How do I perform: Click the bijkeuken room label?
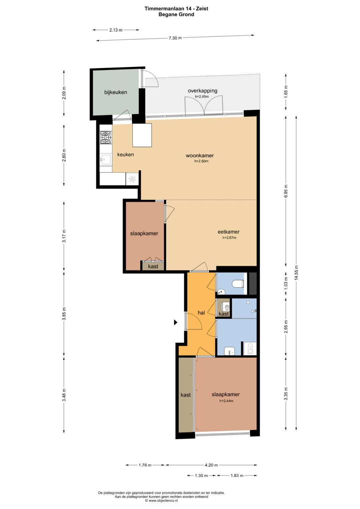(x=116, y=92)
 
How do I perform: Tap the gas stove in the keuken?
(x=106, y=138)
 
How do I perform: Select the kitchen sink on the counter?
(x=105, y=159)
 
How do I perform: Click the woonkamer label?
(x=200, y=156)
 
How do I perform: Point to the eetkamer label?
(x=229, y=232)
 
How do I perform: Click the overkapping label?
(x=203, y=91)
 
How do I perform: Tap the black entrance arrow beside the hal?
(x=175, y=322)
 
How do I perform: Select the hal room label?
(x=201, y=313)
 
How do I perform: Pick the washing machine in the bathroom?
(x=250, y=349)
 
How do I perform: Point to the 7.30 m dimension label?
(x=175, y=38)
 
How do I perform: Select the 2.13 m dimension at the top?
(x=116, y=30)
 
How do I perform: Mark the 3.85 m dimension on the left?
(x=64, y=314)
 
